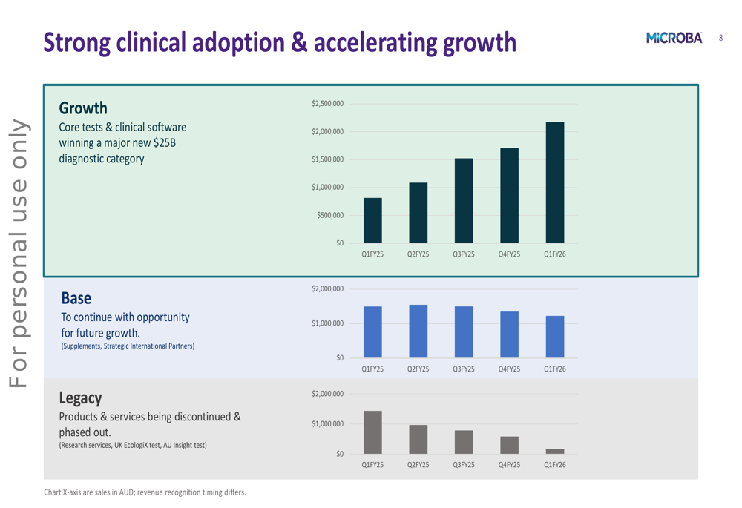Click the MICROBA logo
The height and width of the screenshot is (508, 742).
[674, 38]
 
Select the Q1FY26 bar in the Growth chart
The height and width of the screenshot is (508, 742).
[554, 182]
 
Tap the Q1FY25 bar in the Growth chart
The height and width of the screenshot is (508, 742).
[372, 220]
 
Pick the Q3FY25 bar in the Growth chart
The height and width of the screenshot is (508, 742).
[464, 200]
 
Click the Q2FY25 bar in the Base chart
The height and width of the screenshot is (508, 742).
[418, 331]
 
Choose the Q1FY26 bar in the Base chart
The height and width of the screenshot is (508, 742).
[554, 337]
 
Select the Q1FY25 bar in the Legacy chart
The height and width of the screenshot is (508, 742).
[372, 432]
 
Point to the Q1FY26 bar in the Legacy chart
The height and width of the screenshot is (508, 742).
[554, 451]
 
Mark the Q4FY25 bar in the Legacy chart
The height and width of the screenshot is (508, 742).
[509, 445]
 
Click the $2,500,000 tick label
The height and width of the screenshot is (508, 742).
[327, 104]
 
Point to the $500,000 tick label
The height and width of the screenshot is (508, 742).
[330, 215]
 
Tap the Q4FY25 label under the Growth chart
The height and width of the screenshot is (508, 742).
[509, 254]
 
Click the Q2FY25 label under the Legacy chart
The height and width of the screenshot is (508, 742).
[418, 465]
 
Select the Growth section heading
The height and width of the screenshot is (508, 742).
[83, 108]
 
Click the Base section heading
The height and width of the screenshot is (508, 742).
[76, 298]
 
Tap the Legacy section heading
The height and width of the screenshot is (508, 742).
[80, 398]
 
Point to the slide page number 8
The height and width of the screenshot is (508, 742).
[720, 38]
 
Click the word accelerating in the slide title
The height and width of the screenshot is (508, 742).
[376, 42]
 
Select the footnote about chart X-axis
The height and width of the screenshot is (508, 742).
[145, 492]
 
